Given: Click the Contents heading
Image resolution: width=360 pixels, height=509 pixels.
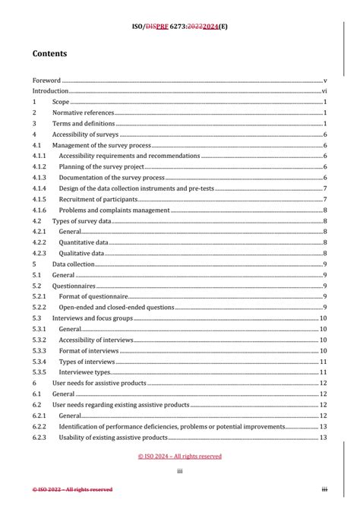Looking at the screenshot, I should coord(49,54).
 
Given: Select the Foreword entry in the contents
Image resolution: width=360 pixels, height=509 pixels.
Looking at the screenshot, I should coord(46,80).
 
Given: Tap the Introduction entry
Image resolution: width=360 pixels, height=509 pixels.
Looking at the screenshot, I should coord(50,90).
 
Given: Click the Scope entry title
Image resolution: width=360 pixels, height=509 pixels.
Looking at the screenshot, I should coord(61,102).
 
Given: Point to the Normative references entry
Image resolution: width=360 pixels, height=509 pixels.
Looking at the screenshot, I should coord(83,112).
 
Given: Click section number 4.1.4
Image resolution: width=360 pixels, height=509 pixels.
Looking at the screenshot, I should coord(39,188).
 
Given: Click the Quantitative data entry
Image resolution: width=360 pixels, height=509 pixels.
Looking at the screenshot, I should coord(84,242).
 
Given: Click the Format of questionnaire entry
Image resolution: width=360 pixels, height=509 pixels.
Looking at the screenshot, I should coord(93,296).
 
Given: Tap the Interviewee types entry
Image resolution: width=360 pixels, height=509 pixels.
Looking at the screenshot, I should coord(85,372).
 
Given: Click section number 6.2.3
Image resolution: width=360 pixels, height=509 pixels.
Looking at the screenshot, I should coord(39,438).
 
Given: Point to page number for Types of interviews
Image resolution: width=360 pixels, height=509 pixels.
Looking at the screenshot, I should coord(323,362).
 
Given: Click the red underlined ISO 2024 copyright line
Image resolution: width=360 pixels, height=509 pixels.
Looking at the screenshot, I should coord(180,457).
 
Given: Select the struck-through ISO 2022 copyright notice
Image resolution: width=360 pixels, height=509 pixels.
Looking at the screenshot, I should coord(72,489).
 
